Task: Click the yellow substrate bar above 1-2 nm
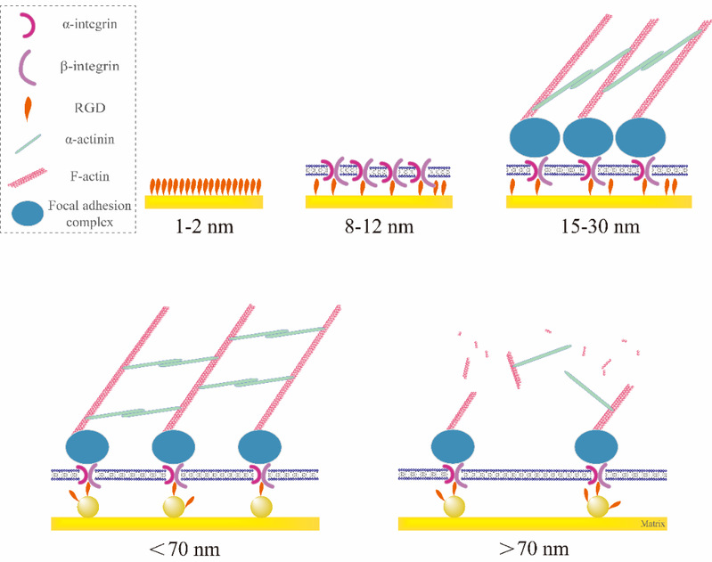pyautogui.click(x=202, y=202)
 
